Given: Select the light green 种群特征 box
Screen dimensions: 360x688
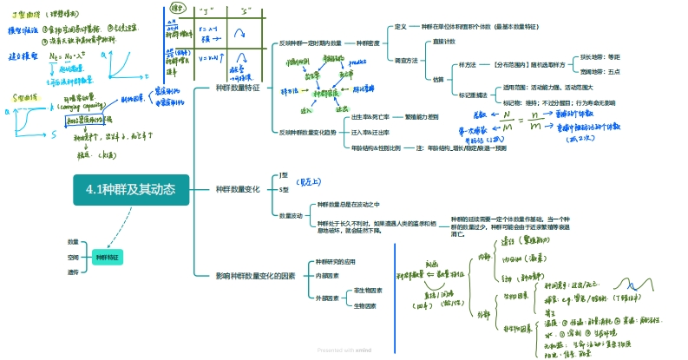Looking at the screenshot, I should click(x=108, y=258).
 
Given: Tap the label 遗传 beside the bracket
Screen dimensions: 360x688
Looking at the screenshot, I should click(x=73, y=272).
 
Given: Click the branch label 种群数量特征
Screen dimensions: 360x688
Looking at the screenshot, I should click(x=240, y=88).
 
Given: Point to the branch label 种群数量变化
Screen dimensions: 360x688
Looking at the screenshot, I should click(x=240, y=189).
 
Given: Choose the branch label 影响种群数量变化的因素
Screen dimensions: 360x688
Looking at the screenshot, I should click(x=256, y=275).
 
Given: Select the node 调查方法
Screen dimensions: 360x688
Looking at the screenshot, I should click(x=406, y=60).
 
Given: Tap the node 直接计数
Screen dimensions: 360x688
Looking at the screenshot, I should click(x=444, y=41).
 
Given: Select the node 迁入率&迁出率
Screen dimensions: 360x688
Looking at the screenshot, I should click(x=370, y=132).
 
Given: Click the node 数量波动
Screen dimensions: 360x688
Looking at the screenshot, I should click(x=291, y=214).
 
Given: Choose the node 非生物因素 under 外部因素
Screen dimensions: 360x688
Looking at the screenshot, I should click(x=370, y=290).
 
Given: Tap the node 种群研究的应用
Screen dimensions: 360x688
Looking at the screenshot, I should click(x=335, y=261).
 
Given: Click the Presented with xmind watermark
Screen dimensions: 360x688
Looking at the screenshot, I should click(x=344, y=350).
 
